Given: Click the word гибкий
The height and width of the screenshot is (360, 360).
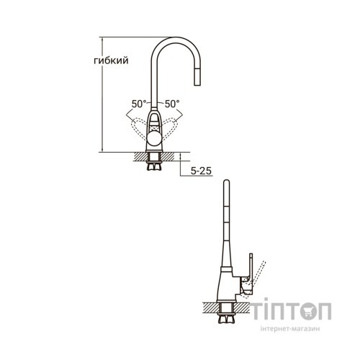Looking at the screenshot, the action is click(111, 60).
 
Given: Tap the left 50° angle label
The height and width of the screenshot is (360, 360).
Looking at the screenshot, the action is click(139, 104).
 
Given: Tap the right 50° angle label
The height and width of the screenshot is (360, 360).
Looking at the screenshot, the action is click(172, 104).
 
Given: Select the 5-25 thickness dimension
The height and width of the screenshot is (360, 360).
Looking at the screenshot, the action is click(201, 171).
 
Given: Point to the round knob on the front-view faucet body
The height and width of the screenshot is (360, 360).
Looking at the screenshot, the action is click(154, 139).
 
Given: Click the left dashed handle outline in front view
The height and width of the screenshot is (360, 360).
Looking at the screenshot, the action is click(138, 127).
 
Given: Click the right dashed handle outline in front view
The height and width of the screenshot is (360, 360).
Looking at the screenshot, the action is click(170, 127).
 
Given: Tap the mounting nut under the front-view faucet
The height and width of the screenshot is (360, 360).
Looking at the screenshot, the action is click(154, 166).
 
